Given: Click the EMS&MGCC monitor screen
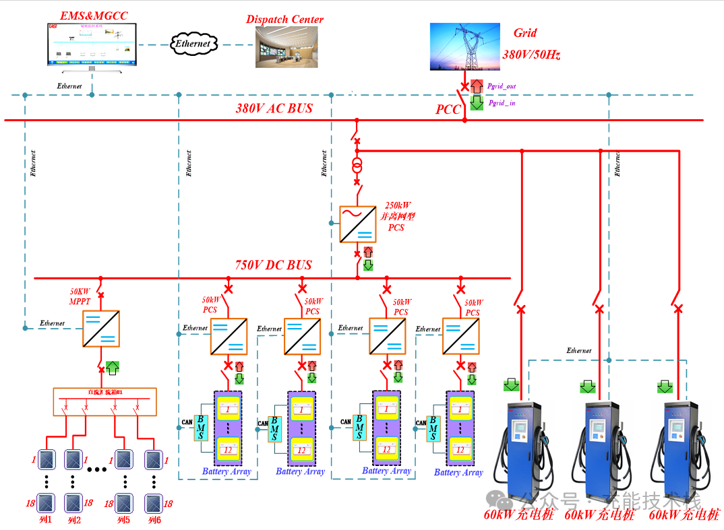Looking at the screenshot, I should [91, 43].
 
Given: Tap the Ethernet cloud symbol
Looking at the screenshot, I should [193, 44].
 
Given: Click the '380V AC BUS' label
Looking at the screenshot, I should [274, 108].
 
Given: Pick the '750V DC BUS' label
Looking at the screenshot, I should [274, 265].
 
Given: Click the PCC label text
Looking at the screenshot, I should [448, 110].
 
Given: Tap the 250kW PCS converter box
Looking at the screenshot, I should [357, 224].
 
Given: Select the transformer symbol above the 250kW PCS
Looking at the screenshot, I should [357, 166].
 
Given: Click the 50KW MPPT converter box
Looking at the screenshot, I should [101, 328].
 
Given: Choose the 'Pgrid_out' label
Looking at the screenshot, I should [502, 87].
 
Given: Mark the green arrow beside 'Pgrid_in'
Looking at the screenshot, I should [477, 102].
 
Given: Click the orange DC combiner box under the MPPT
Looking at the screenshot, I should [104, 401].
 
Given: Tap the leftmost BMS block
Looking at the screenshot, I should [200, 427].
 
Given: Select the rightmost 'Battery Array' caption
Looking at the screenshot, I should [458, 473].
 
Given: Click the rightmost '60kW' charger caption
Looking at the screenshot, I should [684, 515].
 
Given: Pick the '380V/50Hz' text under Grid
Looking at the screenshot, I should [531, 55].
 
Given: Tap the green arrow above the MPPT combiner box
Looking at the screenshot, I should [113, 368].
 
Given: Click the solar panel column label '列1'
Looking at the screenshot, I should [46, 520].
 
